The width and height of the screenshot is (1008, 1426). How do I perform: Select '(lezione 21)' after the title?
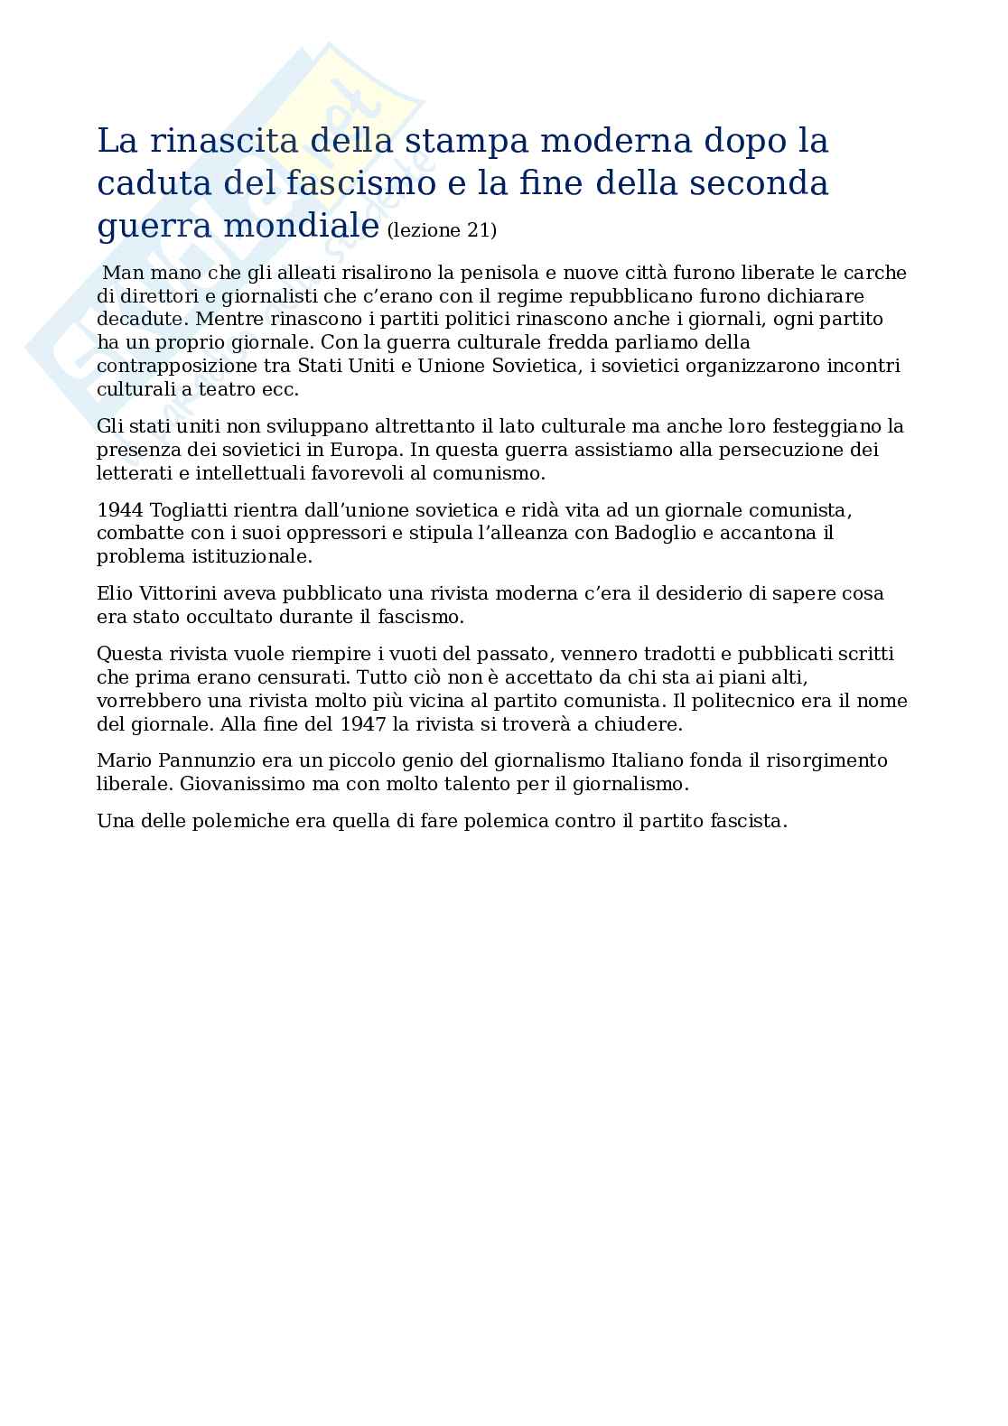tap(441, 230)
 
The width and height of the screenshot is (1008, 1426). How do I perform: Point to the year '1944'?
tap(119, 509)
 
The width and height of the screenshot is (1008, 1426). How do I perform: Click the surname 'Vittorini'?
tap(178, 593)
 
